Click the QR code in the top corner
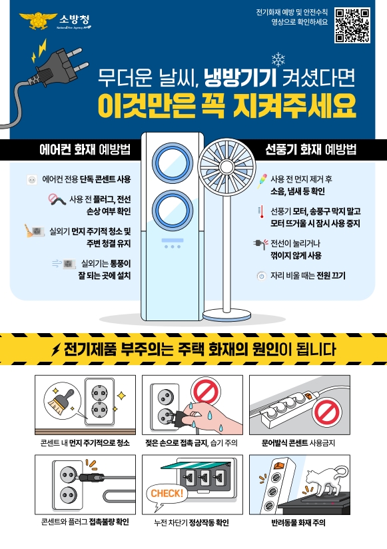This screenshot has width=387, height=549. click(352, 25)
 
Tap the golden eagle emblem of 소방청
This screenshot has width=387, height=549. click(38, 21)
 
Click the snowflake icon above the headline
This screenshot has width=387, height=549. click(278, 59)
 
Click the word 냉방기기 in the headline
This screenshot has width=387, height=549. click(240, 78)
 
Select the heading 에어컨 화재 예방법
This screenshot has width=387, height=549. click(85, 149)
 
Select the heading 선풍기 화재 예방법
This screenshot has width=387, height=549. click(310, 149)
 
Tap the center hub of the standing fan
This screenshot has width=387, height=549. click(226, 167)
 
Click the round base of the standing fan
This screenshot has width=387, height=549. click(226, 314)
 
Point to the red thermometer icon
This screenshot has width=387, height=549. click(261, 212)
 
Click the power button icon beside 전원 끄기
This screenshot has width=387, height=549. click(261, 276)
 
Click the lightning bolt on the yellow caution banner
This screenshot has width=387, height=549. click(56, 348)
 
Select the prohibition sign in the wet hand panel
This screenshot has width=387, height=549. click(205, 390)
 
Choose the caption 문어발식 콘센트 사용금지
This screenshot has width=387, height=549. click(298, 443)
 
